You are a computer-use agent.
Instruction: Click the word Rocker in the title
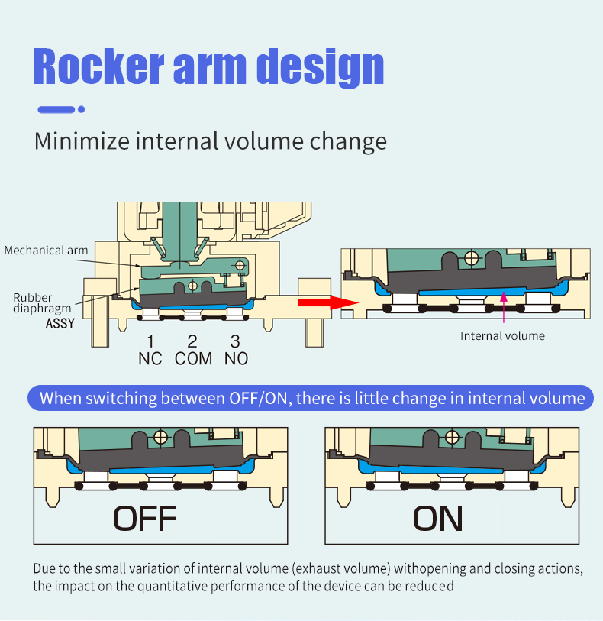coord(98,66)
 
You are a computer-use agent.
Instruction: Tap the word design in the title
coord(321,67)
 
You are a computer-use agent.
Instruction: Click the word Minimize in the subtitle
coord(82,141)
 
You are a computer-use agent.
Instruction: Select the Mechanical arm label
coord(46,251)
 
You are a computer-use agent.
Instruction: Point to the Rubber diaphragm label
coord(42,303)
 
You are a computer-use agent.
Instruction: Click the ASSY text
coord(60,324)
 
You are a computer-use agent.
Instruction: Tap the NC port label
coord(150,359)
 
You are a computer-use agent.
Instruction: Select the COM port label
coord(193,359)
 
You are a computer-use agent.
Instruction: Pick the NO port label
coord(236,359)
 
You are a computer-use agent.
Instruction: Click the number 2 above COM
coord(192,341)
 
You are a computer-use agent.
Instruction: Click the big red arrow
coord(328,303)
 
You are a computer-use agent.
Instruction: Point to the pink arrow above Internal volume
coord(504,307)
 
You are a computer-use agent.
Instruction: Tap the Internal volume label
coord(502,336)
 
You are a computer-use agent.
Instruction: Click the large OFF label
coord(145,519)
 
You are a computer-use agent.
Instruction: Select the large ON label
coord(437,519)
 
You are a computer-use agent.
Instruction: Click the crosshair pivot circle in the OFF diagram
coord(160,437)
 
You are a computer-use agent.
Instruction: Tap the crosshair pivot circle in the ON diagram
coord(452,437)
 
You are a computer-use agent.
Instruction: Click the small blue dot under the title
coord(82,109)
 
